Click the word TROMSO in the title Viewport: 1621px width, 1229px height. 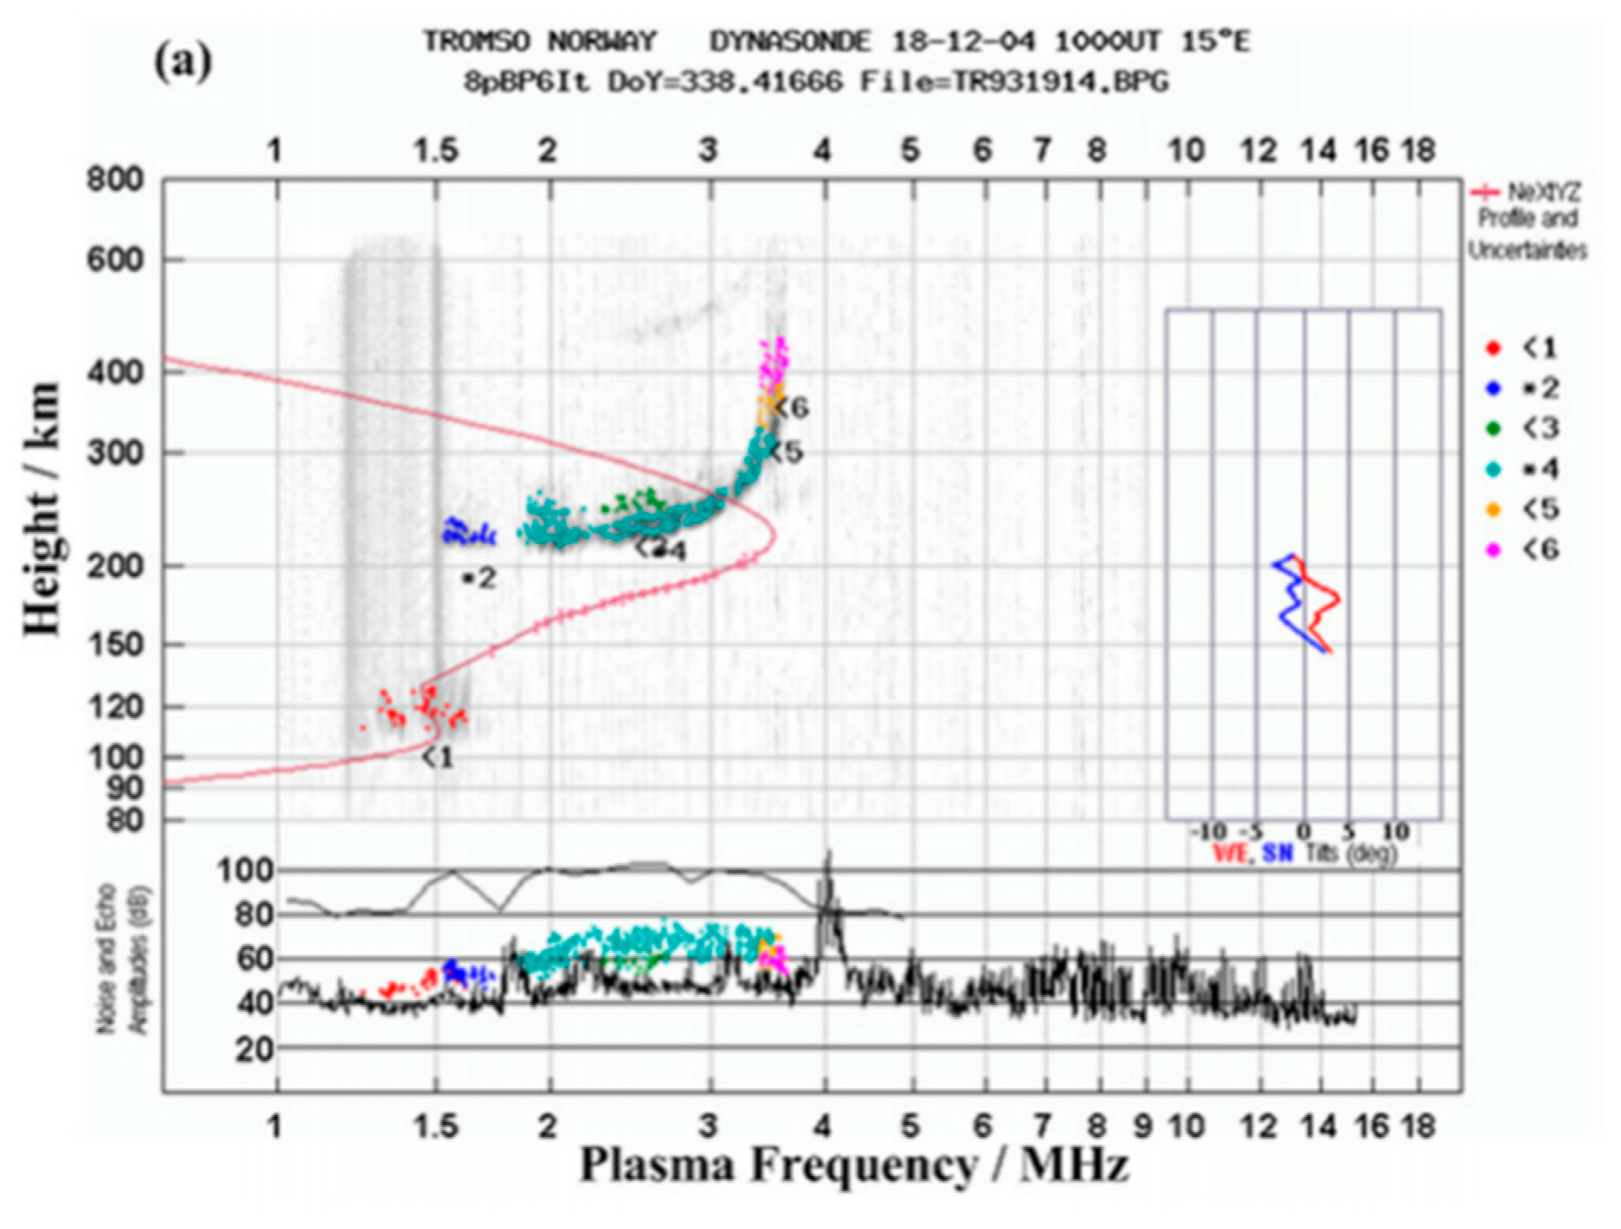[x=477, y=41]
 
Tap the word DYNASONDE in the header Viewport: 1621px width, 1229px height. [x=789, y=41]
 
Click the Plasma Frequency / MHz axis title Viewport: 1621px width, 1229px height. [x=853, y=1166]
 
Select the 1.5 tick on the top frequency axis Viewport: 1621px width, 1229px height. [x=436, y=151]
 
